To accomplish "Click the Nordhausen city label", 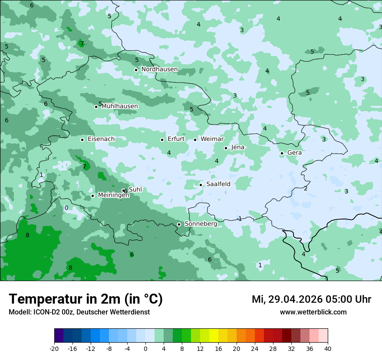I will click(159, 69).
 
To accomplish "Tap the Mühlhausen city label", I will click(119, 106).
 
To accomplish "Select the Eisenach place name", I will click(101, 139).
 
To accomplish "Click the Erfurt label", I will click(176, 139).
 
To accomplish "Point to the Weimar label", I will click(212, 139).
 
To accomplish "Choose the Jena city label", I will click(237, 147).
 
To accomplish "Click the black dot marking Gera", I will click(282, 153).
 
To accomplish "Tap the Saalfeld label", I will click(218, 184).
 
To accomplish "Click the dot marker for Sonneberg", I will click(179, 224).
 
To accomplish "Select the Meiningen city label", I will click(113, 195).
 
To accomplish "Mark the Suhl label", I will click(135, 190).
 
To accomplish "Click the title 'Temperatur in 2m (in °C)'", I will click(86, 299).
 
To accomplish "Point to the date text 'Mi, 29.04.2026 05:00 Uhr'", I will click(311, 299).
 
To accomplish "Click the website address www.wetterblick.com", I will click(313, 312).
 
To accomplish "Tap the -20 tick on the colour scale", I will click(54, 348).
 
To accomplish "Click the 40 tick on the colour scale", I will click(327, 348).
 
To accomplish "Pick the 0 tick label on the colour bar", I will click(145, 348).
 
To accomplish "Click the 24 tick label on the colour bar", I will click(255, 348).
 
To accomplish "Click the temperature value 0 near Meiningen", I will click(66, 208).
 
